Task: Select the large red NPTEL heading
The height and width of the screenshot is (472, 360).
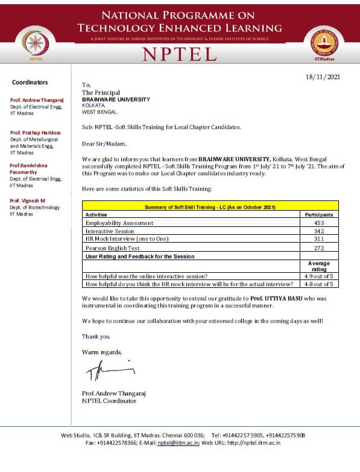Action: (179, 54)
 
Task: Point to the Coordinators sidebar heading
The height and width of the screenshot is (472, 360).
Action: (30, 82)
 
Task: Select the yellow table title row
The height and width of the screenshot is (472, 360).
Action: (210, 206)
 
